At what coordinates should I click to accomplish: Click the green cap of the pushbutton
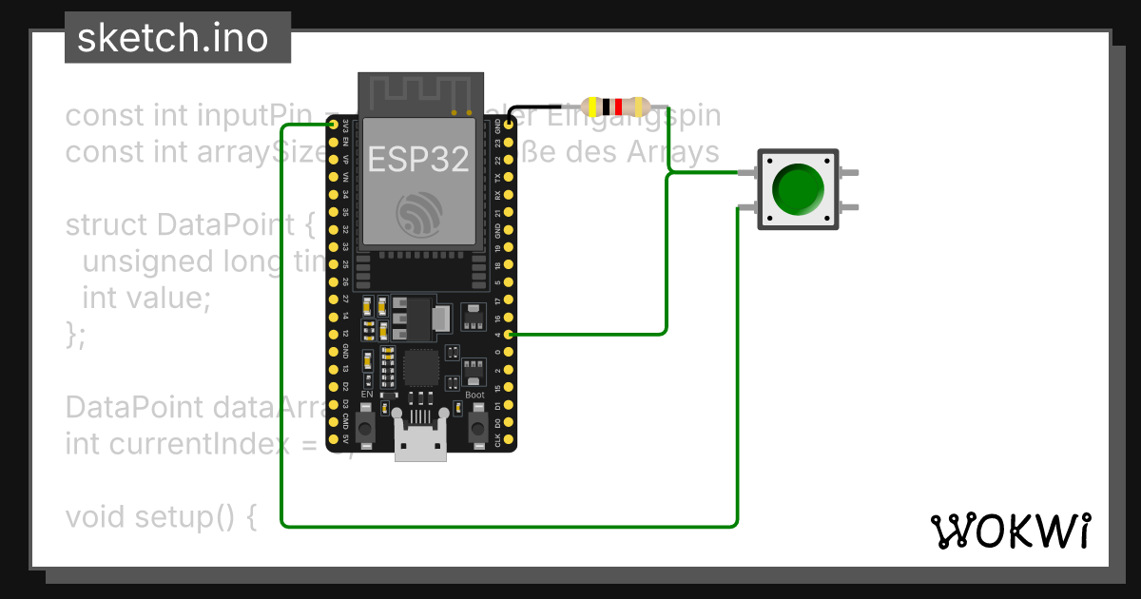797,188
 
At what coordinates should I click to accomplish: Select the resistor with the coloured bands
615,106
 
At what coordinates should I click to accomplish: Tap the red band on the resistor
619,106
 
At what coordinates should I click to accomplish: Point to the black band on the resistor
607,106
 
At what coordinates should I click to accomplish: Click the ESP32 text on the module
418,159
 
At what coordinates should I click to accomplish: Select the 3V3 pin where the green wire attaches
333,125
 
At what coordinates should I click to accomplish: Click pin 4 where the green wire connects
510,335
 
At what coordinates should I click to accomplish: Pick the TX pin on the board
510,177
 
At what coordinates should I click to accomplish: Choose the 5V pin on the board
333,440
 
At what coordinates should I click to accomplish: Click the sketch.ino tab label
171,38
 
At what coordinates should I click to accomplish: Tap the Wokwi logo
1010,531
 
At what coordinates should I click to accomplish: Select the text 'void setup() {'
161,517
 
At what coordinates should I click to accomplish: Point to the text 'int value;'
145,298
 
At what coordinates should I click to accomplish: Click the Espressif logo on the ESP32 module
418,215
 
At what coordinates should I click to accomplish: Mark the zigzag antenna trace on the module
418,93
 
